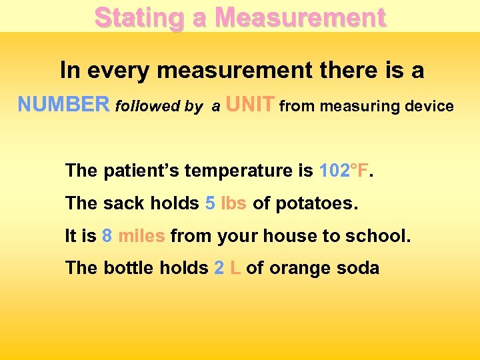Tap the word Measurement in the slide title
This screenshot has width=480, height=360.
pos(301,17)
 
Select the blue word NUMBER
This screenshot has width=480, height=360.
pos(63,105)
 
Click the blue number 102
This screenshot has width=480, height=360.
pos(334,171)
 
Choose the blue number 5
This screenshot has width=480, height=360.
pos(210,203)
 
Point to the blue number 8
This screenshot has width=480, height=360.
pos(107,235)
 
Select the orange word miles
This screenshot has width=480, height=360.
pos(142,235)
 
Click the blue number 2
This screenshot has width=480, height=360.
pos(219,268)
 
